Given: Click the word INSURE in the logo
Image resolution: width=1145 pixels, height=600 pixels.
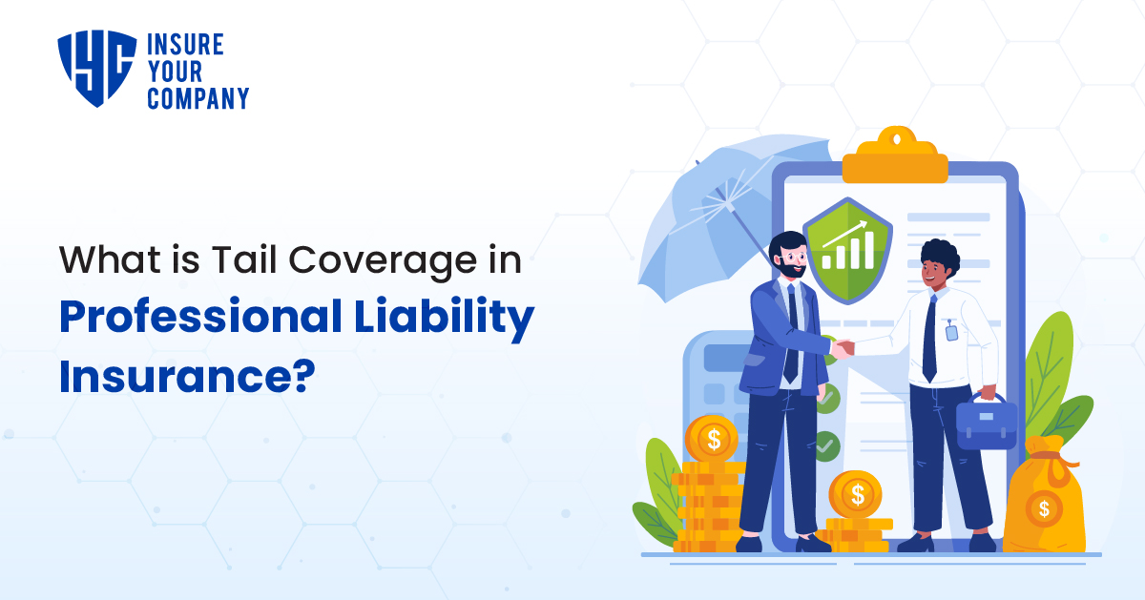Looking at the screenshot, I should pyautogui.click(x=185, y=45).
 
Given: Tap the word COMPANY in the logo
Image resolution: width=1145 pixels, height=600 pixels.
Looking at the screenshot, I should pyautogui.click(x=198, y=97).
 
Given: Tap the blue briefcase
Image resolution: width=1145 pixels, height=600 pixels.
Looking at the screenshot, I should pyautogui.click(x=986, y=422).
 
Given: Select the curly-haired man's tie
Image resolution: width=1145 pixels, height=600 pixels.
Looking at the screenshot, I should pyautogui.click(x=929, y=334).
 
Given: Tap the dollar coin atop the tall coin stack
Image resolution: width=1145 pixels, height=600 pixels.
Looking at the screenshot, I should pyautogui.click(x=711, y=440).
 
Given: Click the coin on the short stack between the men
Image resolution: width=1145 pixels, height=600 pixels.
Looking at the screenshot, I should pyautogui.click(x=856, y=495).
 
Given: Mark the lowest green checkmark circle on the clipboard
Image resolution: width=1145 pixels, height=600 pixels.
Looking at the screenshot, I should pyautogui.click(x=826, y=445).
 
